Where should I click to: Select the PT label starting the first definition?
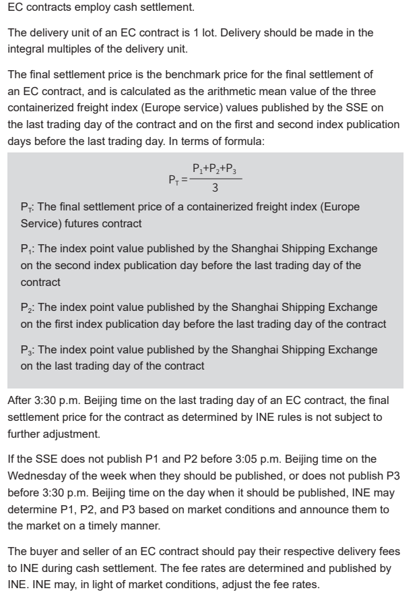(x=26, y=207)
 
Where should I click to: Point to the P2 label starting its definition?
(x=26, y=308)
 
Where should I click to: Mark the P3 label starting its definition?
(x=26, y=349)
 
